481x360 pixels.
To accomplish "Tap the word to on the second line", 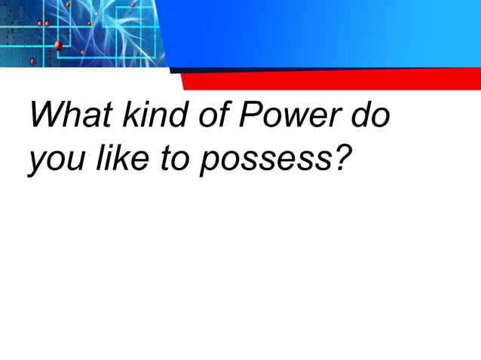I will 173,161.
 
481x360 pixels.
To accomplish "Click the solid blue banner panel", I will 324,34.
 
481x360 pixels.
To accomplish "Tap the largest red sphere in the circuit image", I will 58,46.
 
